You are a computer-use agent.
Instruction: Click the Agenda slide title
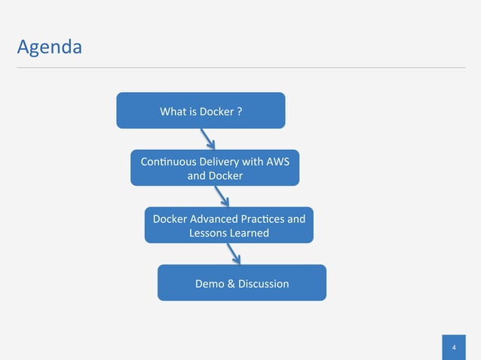tap(49, 47)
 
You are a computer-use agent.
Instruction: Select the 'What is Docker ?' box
tap(201, 111)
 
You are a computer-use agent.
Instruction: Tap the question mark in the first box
tap(239, 112)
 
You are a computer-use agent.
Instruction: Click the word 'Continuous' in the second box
tap(157, 162)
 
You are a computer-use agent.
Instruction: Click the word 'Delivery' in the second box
tap(208, 162)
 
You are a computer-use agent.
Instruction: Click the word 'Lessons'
tap(208, 233)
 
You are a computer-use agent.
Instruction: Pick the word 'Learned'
tap(250, 233)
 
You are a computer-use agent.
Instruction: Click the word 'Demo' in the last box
tap(209, 284)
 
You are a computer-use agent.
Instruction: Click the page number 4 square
tap(454, 347)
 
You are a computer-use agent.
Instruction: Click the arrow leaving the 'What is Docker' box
tap(207, 139)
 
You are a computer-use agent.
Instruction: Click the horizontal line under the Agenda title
tap(241, 67)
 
